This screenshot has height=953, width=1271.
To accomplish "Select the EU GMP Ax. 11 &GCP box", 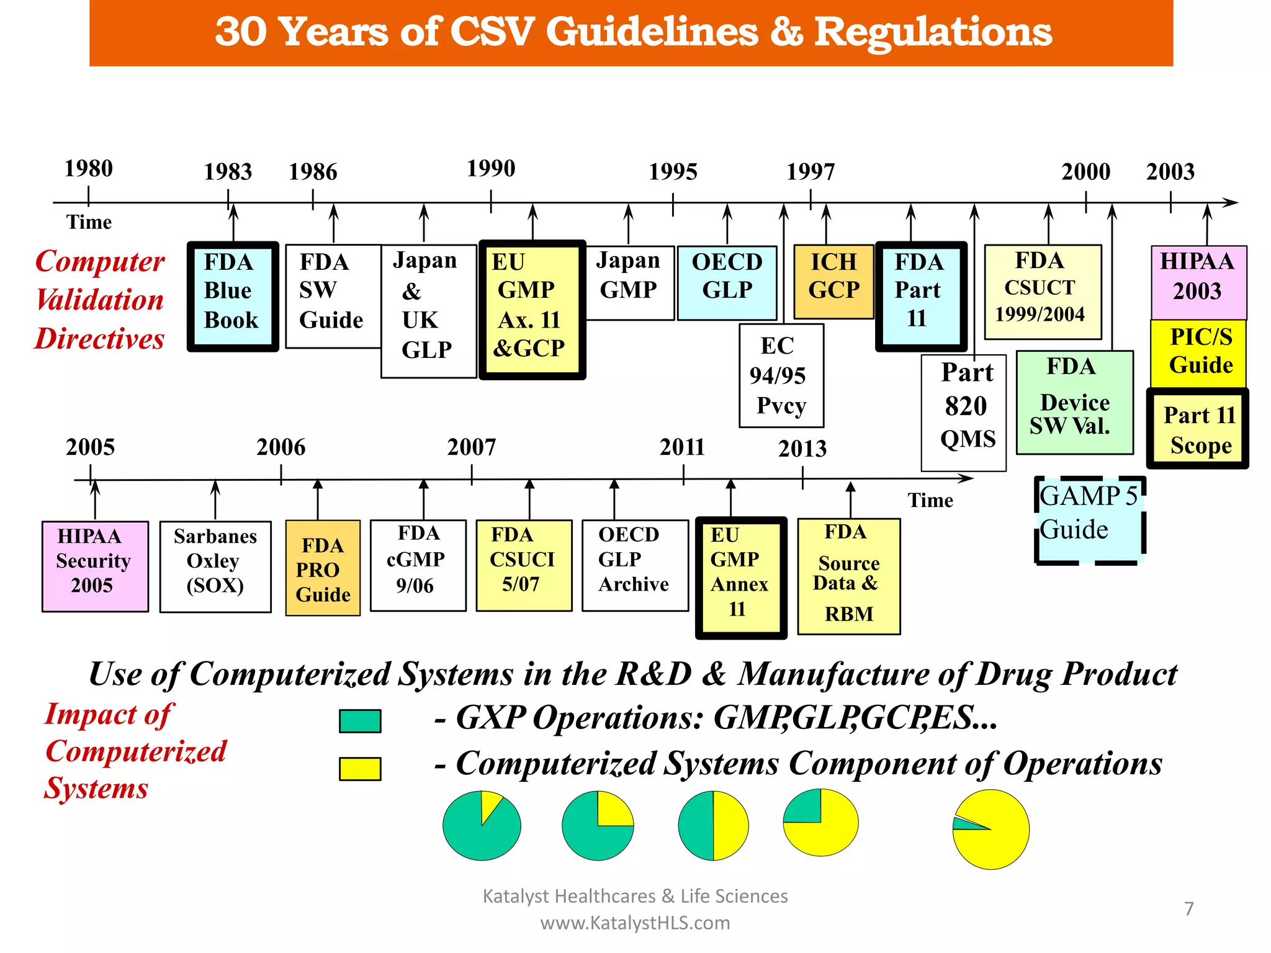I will tap(532, 310).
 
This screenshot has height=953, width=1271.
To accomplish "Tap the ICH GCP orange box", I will tap(833, 282).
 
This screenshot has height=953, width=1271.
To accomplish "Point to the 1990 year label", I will tap(491, 168).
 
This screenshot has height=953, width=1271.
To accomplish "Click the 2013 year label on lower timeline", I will tap(802, 449).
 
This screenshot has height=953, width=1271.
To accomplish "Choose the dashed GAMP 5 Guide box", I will tap(1090, 520).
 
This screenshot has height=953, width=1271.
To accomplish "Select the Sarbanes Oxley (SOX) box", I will tap(215, 566).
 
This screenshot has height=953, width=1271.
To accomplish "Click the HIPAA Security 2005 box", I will tap(95, 566).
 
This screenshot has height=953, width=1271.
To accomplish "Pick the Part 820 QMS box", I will tap(964, 413).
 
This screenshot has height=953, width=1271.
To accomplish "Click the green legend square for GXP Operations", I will tap(360, 721).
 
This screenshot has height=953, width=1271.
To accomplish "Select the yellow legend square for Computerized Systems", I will tap(360, 769).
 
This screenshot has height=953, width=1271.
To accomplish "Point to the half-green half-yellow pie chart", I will tap(713, 826).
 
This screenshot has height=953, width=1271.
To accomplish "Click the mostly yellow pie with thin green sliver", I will tap(991, 830).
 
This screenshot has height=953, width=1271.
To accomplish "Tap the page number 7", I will tap(1188, 909).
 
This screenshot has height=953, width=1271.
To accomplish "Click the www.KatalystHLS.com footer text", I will tap(635, 923).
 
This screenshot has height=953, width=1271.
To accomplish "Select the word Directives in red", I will tap(100, 339).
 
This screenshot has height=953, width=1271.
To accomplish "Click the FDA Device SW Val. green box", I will tap(1075, 403).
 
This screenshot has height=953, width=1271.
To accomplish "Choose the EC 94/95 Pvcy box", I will tap(781, 375).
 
